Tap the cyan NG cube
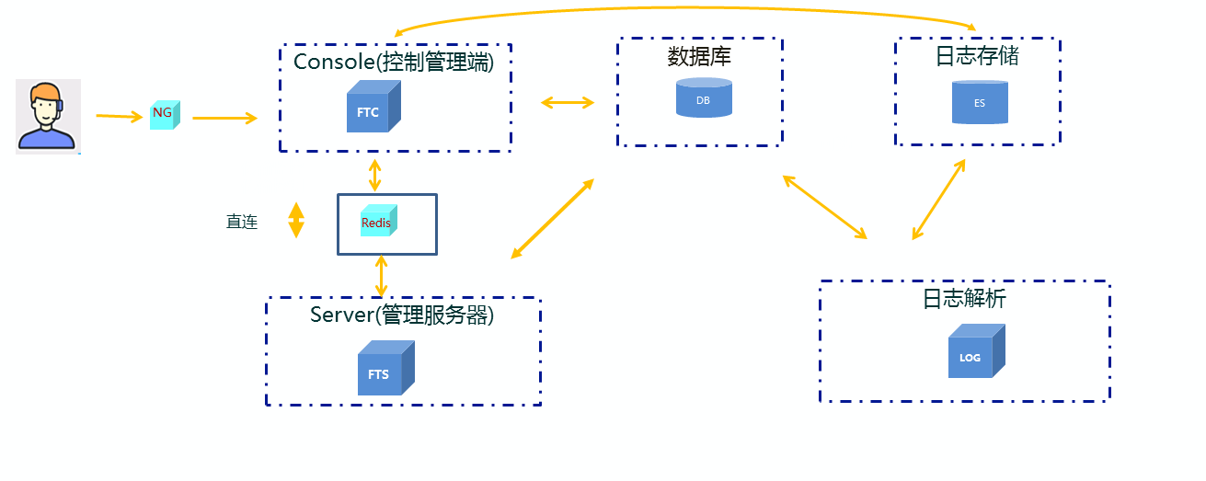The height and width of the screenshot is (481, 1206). [x=165, y=114]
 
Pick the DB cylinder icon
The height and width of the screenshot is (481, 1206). [x=704, y=97]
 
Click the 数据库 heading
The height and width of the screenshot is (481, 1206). [x=699, y=57]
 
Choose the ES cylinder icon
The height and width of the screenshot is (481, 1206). [x=980, y=102]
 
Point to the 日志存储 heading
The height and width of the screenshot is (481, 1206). [x=977, y=56]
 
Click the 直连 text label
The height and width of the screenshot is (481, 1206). [x=242, y=222]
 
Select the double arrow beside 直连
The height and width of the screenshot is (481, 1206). [x=296, y=221]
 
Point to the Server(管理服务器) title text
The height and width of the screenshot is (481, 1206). [x=402, y=315]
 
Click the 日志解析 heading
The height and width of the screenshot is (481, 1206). [x=964, y=299]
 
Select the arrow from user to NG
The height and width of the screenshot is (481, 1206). [x=120, y=117]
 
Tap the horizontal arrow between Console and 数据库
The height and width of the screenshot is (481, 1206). [x=568, y=102]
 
